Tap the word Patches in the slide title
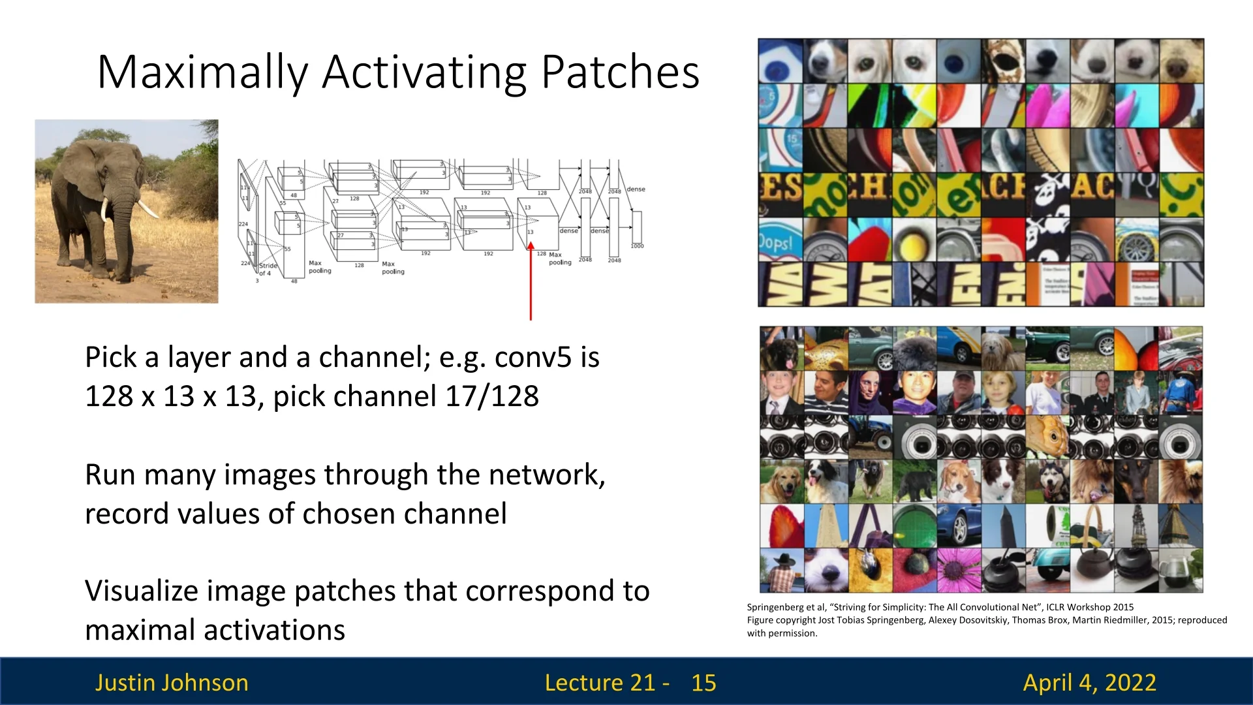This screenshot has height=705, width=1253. click(620, 72)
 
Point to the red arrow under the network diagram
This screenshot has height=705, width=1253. click(531, 281)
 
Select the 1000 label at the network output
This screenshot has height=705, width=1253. click(637, 246)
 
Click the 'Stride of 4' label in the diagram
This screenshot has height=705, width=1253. click(268, 269)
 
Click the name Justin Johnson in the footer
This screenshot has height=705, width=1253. click(172, 683)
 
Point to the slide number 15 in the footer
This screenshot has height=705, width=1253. click(704, 683)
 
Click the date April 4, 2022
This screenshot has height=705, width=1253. click(1089, 683)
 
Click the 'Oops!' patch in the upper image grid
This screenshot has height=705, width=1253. click(780, 242)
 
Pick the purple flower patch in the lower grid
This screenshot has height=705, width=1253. click(958, 571)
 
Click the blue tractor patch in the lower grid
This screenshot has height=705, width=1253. click(869, 436)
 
